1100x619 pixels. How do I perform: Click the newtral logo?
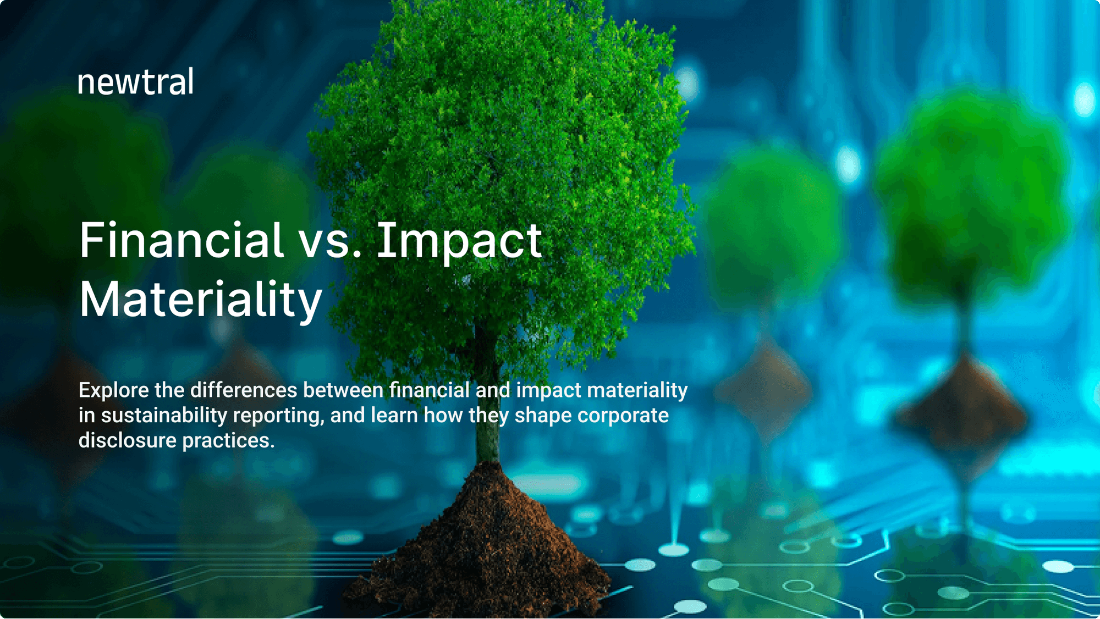click(x=135, y=83)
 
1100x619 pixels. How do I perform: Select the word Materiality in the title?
click(x=201, y=300)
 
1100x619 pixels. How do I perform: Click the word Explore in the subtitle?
click(x=114, y=390)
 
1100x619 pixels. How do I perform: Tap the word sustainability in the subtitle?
click(x=164, y=416)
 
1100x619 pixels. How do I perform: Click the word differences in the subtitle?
click(x=244, y=390)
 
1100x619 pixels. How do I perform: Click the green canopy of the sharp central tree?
click(x=495, y=137)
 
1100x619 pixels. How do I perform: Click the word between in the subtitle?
click(x=343, y=390)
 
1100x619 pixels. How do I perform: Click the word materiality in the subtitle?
click(x=637, y=390)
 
